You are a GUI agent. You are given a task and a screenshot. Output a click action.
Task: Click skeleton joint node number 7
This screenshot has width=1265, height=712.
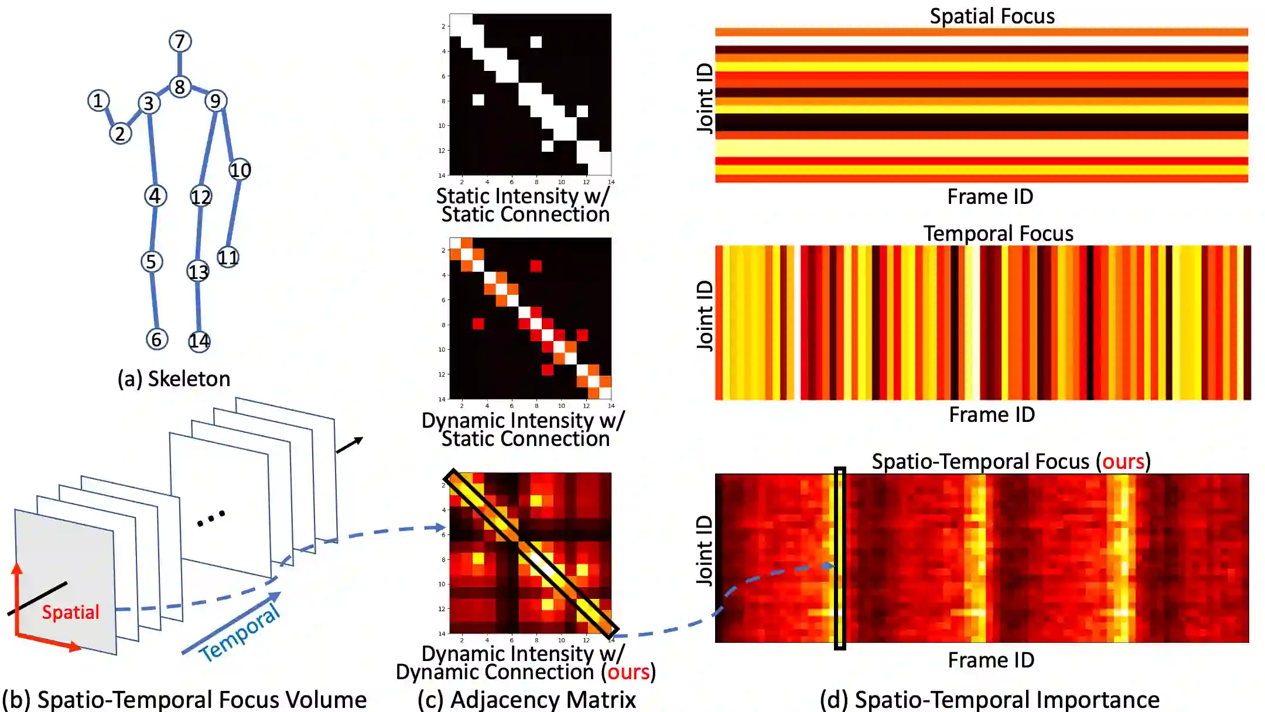(180, 41)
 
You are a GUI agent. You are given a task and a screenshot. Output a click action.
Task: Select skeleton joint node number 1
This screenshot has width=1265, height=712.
(98, 101)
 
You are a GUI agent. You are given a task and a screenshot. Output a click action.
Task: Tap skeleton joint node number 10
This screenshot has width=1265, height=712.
(240, 170)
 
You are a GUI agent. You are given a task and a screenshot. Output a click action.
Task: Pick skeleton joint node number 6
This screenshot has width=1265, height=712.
(156, 339)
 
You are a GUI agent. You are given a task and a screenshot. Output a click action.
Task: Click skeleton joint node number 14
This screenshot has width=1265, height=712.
(199, 341)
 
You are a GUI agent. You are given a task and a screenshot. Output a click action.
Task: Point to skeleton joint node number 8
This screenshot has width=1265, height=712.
(180, 87)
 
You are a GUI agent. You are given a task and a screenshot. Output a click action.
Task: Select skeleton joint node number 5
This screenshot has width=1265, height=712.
(151, 261)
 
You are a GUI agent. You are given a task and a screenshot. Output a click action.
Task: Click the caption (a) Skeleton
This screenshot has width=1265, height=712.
(174, 379)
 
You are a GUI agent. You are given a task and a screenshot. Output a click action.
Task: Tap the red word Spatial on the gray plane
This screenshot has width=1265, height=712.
(70, 612)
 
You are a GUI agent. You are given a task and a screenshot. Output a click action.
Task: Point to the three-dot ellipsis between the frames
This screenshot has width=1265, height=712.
(211, 518)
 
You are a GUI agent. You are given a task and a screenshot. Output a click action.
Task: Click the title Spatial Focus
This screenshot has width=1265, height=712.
(992, 16)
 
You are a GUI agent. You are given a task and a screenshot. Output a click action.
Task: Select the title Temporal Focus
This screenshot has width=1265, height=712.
(998, 233)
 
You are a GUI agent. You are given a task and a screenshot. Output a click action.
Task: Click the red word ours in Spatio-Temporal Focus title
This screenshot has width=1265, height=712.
(1123, 461)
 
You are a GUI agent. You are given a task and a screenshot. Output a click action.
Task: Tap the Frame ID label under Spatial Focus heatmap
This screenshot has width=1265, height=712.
(990, 196)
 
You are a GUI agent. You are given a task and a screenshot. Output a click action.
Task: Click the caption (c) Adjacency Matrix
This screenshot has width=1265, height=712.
(526, 700)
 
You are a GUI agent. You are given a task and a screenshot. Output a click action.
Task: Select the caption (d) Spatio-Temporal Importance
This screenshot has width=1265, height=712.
(989, 700)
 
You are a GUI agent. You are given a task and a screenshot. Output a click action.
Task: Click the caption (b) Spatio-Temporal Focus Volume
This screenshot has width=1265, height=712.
(184, 700)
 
